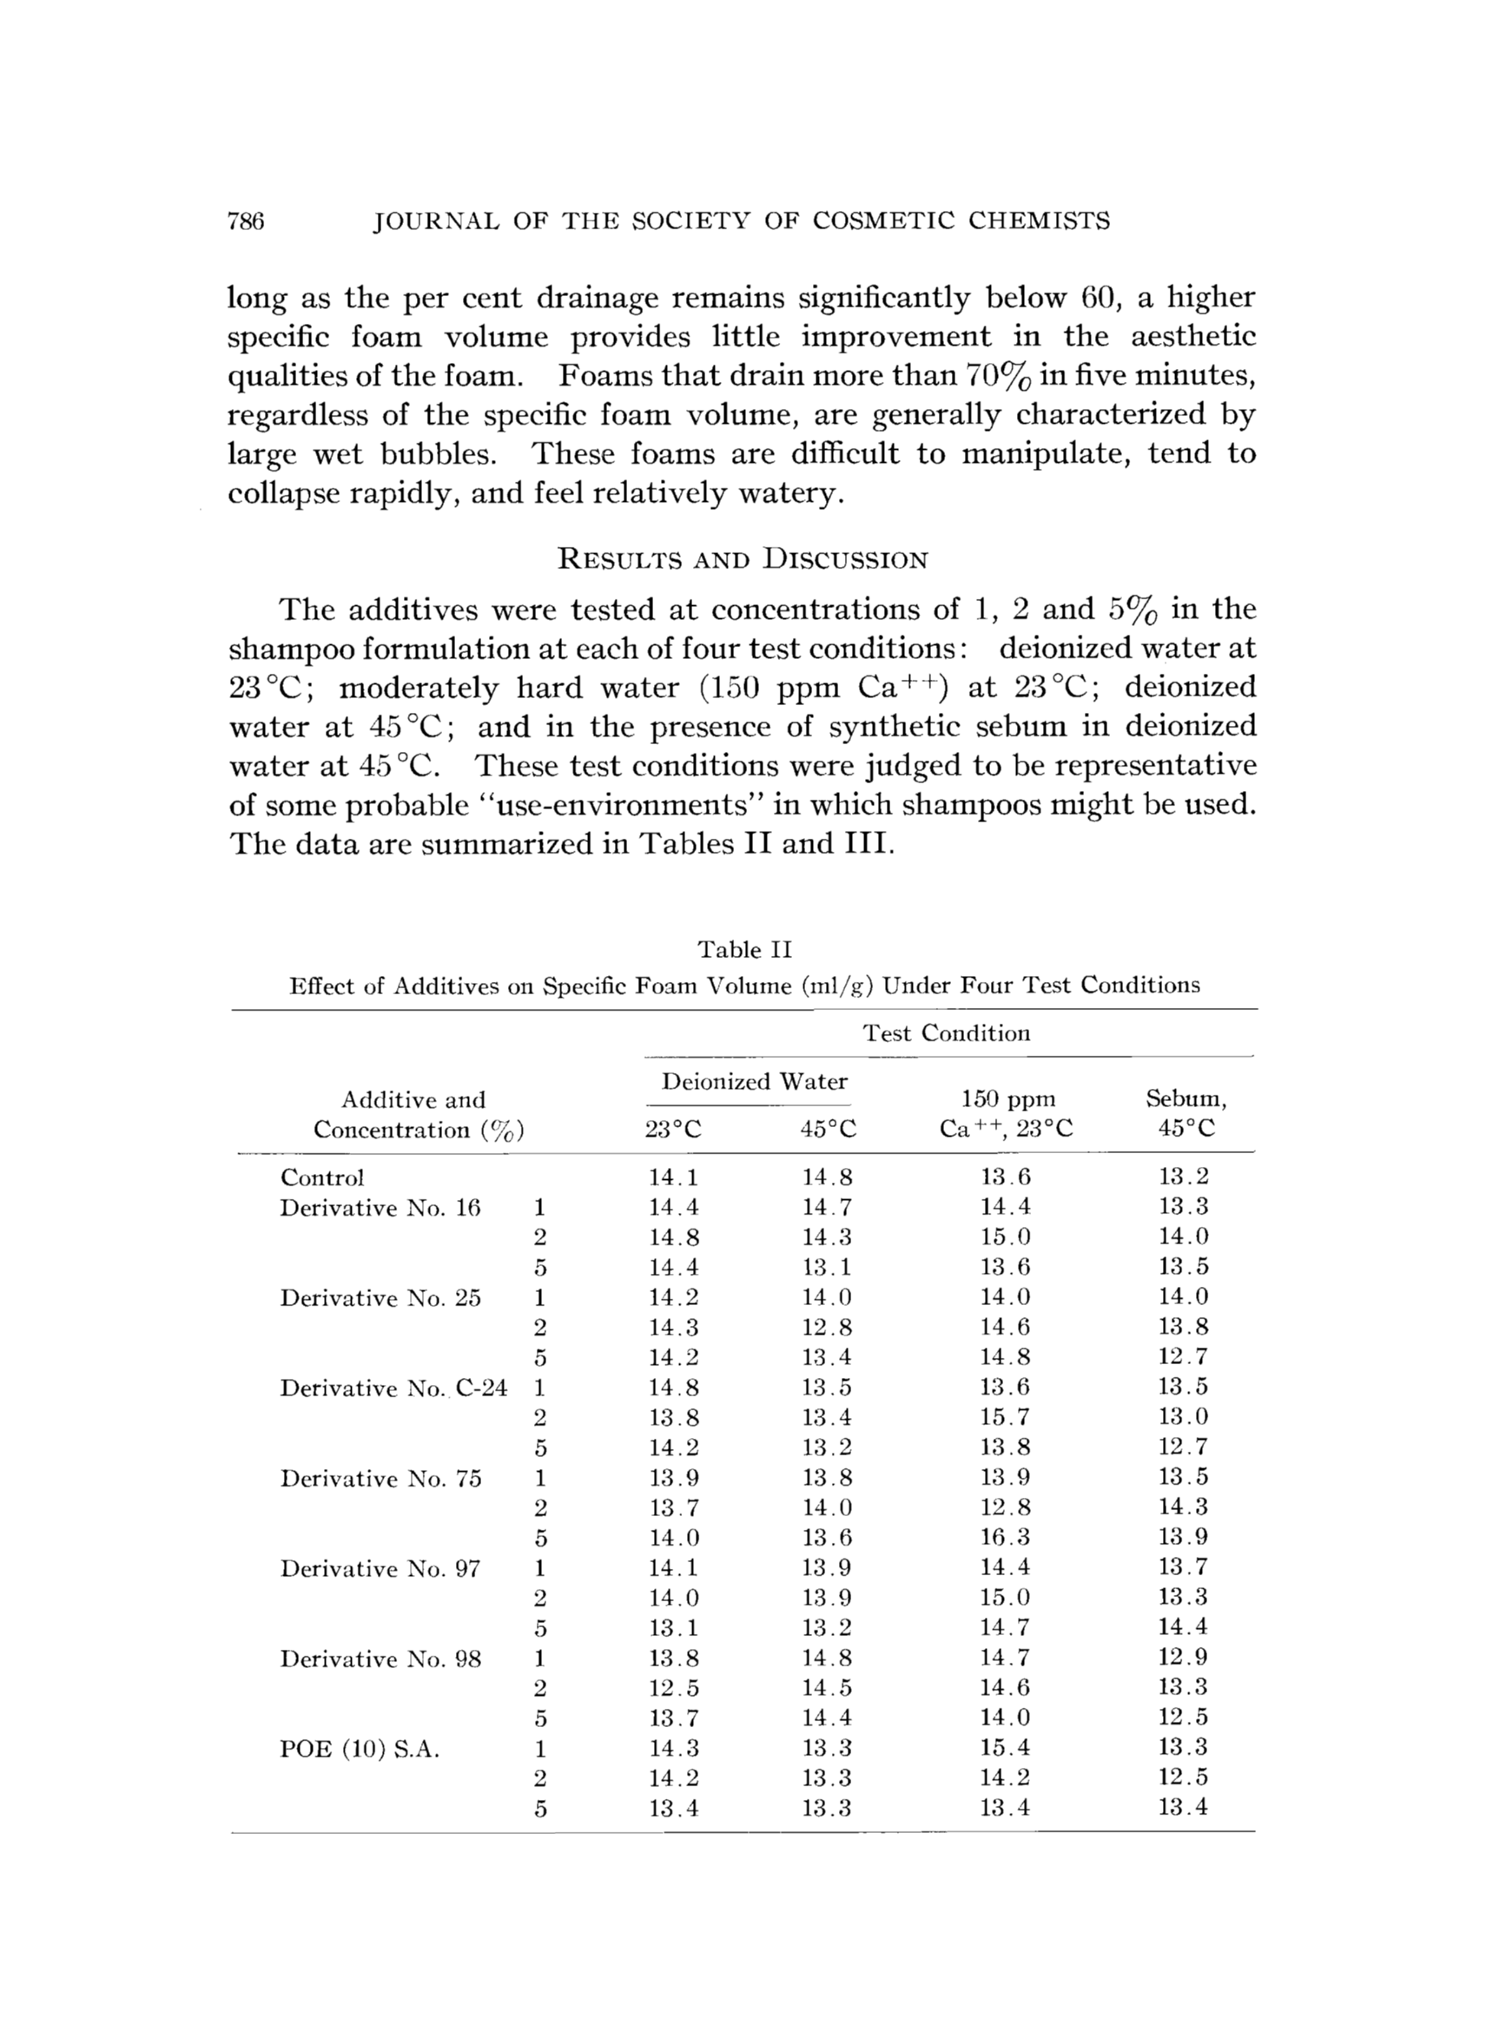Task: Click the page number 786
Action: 246,221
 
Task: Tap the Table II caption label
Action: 745,949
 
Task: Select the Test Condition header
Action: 947,1033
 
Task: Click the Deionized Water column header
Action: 755,1082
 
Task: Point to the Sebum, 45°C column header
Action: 1185,1113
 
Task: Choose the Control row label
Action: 322,1177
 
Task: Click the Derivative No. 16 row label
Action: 380,1208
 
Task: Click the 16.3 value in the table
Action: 1006,1538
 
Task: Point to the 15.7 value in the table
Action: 1006,1418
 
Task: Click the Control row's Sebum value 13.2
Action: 1184,1177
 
